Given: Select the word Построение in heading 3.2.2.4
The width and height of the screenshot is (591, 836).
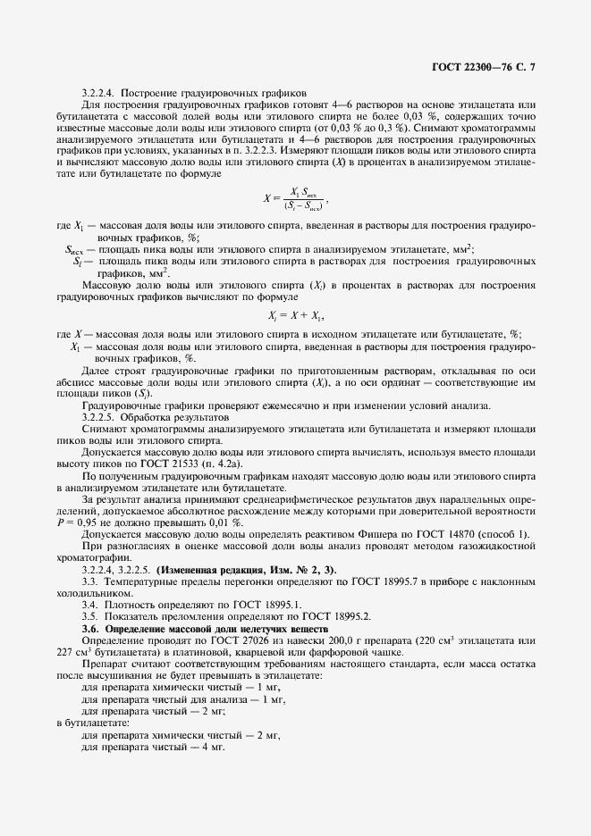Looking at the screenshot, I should (148, 92).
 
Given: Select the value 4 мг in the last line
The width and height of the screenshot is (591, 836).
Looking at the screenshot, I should (215, 746).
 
